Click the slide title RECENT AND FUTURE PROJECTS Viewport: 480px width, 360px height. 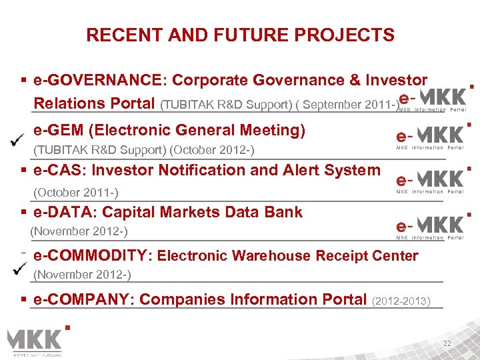(240, 35)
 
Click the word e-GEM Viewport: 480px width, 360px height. (60, 130)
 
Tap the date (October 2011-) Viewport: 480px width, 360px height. (76, 193)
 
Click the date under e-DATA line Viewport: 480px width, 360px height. (79, 231)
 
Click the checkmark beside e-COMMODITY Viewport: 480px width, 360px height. (21, 269)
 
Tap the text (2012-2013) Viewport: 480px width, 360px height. (401, 301)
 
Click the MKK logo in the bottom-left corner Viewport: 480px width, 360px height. (37, 341)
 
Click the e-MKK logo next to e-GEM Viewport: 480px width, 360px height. (430, 136)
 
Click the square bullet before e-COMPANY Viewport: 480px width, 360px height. (25, 300)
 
